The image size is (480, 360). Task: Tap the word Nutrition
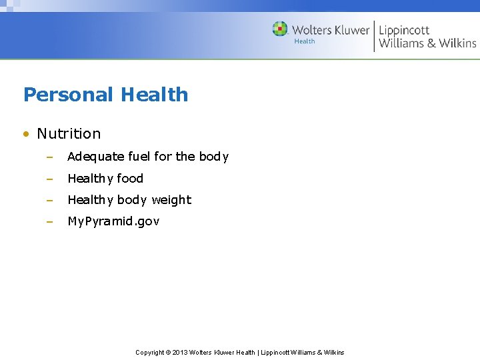coord(69,133)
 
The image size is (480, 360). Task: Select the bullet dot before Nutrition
coord(25,134)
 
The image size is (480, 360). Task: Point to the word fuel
coord(139,157)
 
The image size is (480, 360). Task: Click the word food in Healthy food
coord(131,178)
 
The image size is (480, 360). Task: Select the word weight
coord(171,200)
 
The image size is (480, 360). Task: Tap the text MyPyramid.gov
coord(113,221)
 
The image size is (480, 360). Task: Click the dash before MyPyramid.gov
coord(49,221)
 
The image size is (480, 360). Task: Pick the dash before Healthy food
coord(49,179)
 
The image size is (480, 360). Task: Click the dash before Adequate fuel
coord(49,157)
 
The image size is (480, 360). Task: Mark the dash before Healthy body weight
coord(49,200)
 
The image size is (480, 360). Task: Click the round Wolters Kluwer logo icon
coord(280,29)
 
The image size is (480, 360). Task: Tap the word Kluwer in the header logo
coord(348,29)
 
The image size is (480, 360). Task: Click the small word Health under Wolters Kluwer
coord(305,41)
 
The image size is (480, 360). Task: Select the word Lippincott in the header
coord(404,30)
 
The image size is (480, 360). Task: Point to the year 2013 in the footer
coord(179,352)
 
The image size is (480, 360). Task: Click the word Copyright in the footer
coord(150,352)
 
